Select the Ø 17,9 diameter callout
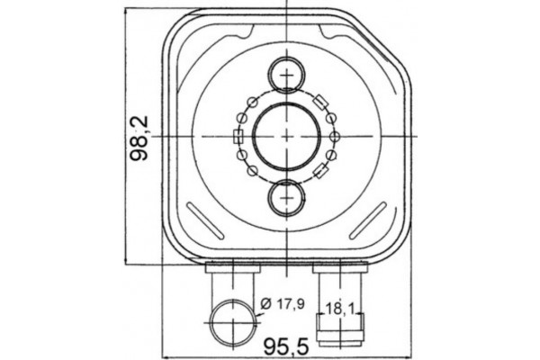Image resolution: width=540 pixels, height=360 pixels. (x=283, y=303)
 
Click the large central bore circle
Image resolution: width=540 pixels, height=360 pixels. (x=286, y=136)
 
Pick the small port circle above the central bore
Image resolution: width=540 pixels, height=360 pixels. (x=286, y=74)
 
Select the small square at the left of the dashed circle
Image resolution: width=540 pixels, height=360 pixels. (x=238, y=137)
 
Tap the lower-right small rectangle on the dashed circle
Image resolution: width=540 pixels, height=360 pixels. (x=320, y=171)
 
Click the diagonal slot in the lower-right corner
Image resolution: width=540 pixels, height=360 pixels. (x=367, y=221)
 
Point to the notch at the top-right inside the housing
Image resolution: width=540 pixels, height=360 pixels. (x=339, y=34)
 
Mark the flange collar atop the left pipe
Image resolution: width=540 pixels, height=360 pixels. (x=232, y=267)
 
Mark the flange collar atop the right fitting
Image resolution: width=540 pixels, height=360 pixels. (x=340, y=267)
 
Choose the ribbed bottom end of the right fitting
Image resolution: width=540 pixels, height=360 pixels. (x=340, y=336)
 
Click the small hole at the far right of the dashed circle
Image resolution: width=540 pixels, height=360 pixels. (x=335, y=136)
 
